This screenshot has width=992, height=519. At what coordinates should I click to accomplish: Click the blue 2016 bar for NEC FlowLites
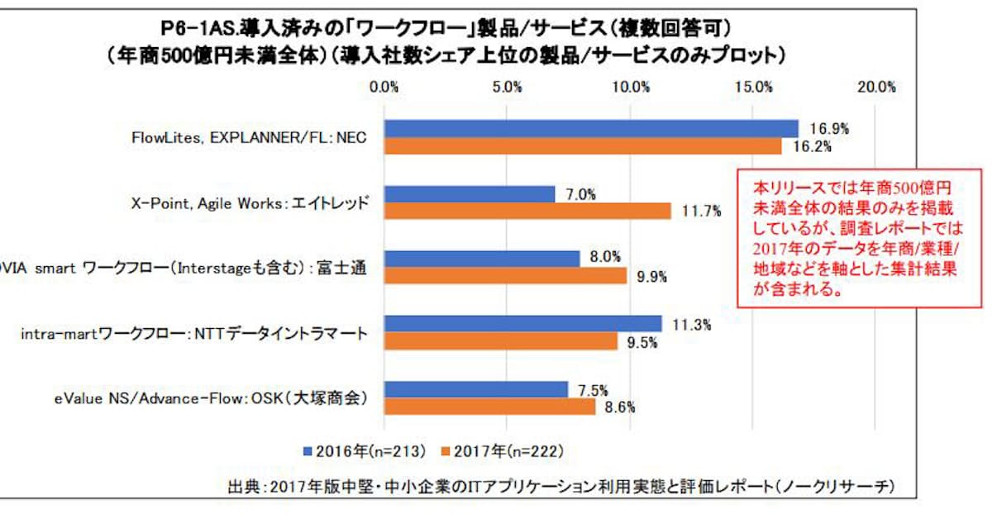pyautogui.click(x=592, y=129)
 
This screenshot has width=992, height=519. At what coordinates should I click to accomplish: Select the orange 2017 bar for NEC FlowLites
pyautogui.click(x=584, y=146)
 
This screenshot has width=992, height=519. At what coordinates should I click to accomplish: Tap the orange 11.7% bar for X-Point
pyautogui.click(x=528, y=211)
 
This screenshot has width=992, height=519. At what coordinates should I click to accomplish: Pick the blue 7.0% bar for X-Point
pyautogui.click(x=470, y=194)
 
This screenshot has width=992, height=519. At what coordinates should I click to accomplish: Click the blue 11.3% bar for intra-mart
pyautogui.click(x=523, y=323)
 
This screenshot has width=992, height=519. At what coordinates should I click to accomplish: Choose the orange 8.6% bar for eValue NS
pyautogui.click(x=490, y=407)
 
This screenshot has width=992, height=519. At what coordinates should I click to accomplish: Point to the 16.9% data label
pyautogui.click(x=829, y=129)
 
